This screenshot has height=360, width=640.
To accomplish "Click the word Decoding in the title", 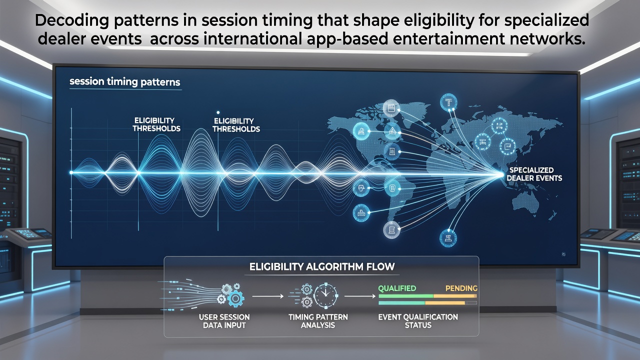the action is [71, 20].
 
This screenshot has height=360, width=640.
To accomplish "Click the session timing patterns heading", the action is [125, 82].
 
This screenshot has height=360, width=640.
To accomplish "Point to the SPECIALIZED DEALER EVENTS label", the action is [534, 174].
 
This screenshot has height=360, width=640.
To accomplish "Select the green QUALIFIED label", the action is [397, 288].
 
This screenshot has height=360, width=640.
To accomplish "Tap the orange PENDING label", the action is [461, 288].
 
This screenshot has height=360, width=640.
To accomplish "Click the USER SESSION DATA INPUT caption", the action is [224, 321].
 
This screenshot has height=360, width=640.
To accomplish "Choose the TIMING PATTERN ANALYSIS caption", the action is [318, 321].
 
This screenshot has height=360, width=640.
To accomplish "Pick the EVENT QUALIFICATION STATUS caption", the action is [418, 321].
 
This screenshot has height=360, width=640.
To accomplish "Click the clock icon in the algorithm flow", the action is [325, 295].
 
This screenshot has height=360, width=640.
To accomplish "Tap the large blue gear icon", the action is [235, 298].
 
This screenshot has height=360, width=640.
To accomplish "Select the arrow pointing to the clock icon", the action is [268, 296].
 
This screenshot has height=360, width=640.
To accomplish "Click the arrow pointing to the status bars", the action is [360, 296].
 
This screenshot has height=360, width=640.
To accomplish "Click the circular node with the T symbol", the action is [448, 102].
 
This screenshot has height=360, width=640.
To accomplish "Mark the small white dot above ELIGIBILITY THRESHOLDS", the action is [218, 112].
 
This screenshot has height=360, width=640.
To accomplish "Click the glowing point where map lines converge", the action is [501, 174].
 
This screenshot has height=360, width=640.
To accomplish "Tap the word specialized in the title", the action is [546, 20].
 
